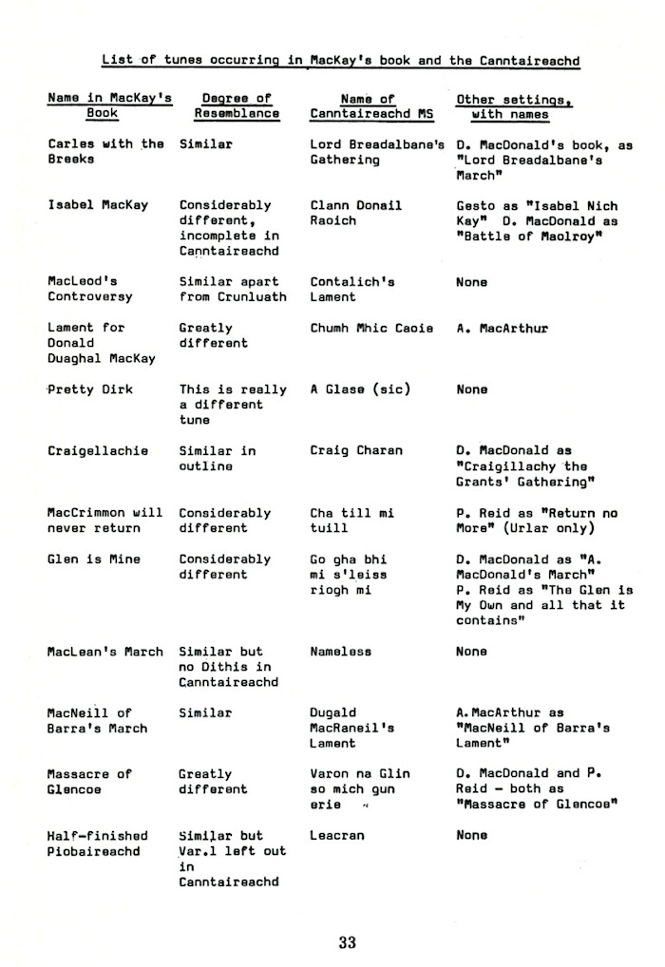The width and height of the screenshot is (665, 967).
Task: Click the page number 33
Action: (x=347, y=942)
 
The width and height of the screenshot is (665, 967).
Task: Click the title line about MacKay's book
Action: (x=341, y=61)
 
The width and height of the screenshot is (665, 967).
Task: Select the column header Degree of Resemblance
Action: (x=237, y=105)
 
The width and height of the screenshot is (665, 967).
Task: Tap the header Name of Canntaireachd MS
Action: (x=366, y=105)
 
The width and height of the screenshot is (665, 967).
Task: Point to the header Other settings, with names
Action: (x=503, y=105)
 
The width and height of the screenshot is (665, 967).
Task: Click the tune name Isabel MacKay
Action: (x=98, y=205)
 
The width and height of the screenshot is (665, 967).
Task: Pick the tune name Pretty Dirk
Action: (x=90, y=389)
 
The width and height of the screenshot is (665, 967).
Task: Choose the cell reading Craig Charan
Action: (x=356, y=451)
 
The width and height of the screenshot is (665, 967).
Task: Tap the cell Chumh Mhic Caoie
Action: (x=371, y=328)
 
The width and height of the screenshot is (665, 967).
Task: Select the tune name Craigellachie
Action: (x=98, y=451)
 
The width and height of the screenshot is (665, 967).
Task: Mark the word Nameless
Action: (x=341, y=652)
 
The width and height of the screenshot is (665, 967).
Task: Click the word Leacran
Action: (x=337, y=836)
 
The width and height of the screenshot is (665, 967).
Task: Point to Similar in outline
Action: (x=218, y=459)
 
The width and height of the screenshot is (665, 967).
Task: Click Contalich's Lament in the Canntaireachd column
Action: (x=352, y=290)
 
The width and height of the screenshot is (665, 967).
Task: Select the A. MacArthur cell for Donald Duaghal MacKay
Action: (x=503, y=328)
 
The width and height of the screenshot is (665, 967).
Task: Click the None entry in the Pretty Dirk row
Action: (x=472, y=389)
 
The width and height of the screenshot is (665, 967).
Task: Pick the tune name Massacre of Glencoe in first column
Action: (x=90, y=782)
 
